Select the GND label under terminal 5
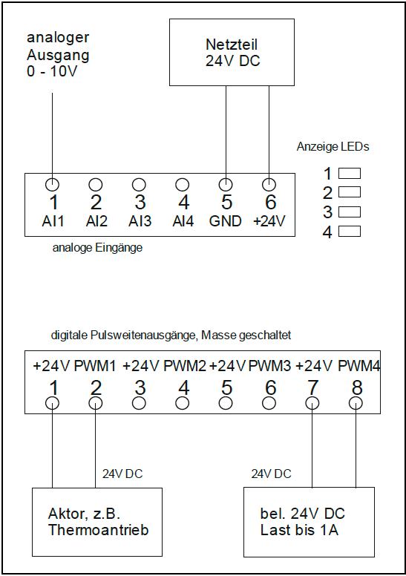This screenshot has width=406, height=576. coord(225,221)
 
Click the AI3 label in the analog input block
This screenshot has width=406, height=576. coord(140,221)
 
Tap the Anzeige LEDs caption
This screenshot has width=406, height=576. coord(333,146)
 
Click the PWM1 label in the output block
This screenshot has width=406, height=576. coord(95,366)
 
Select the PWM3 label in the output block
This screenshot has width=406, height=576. coord(269,366)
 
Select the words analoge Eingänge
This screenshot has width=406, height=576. coord(97,248)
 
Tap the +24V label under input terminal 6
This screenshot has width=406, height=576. coord(269,221)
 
